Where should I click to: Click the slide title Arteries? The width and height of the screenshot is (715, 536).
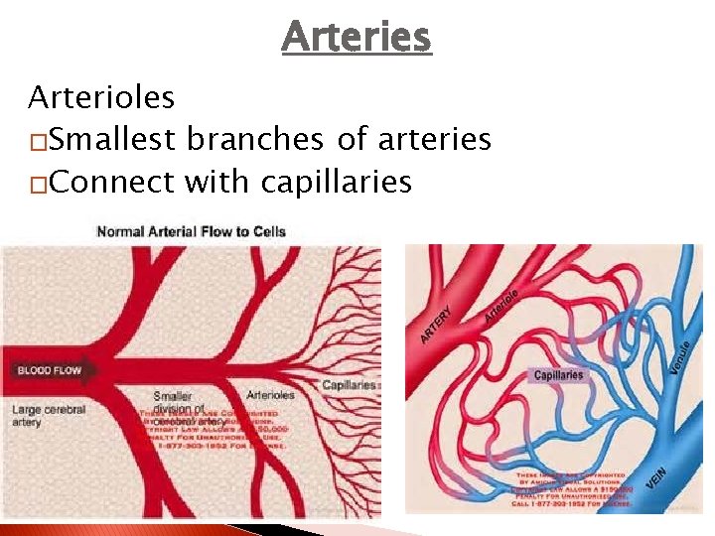point(357,38)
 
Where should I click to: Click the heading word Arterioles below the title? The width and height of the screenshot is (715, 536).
point(101,98)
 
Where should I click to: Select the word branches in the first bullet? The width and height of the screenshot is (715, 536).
point(252,140)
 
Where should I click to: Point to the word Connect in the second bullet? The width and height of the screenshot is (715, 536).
point(109,183)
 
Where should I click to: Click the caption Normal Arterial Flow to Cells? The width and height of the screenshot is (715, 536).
point(191,232)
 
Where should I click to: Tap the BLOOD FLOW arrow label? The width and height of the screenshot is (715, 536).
point(50,371)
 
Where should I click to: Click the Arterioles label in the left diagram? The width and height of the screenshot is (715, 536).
point(269,394)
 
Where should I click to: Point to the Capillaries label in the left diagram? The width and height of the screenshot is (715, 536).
point(349,385)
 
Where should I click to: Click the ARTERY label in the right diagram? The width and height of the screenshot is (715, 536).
point(437,325)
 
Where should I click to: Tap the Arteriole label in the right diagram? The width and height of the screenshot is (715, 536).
point(503,305)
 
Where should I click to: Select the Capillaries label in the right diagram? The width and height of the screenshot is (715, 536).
point(558,375)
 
